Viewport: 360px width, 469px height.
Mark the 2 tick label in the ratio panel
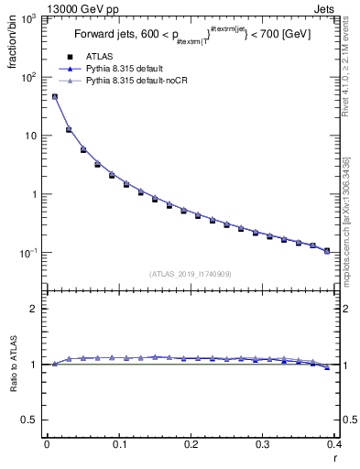pyautogui.click(x=31, y=309)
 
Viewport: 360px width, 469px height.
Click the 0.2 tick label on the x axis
pyautogui.click(x=191, y=444)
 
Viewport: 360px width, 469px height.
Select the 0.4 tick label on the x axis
pyautogui.click(x=333, y=444)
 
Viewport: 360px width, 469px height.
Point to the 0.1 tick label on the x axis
pyautogui.click(x=118, y=444)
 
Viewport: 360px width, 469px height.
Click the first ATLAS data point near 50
pyautogui.click(x=54, y=96)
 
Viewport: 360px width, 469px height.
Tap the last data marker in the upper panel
pyautogui.click(x=327, y=250)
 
